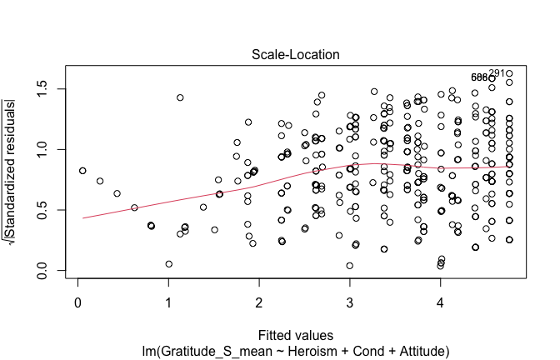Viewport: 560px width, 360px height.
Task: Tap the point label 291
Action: (497, 73)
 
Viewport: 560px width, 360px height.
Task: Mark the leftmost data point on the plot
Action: (82, 170)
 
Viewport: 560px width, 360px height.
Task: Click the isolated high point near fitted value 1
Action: (180, 97)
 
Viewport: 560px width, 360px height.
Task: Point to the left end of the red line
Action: (82, 217)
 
